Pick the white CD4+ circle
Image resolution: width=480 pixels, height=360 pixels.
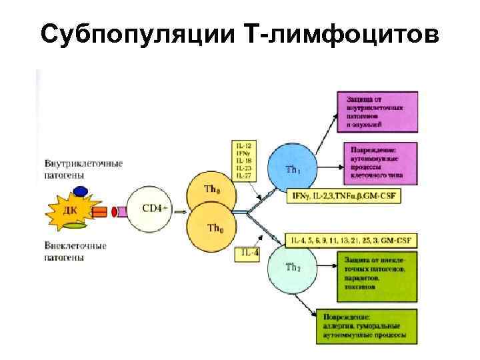pos(151,208)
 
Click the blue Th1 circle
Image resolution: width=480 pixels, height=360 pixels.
pos(291,168)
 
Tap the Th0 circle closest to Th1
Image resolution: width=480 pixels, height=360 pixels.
pos(211,191)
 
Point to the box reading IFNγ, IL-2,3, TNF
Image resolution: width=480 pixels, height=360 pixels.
pos(343,196)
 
